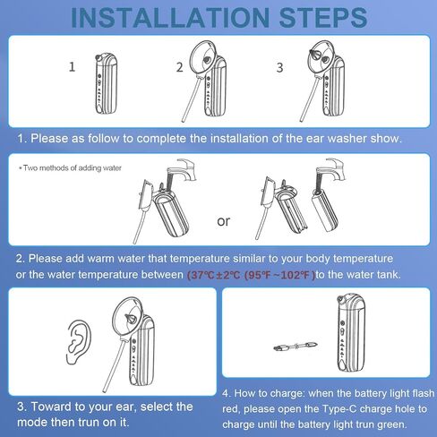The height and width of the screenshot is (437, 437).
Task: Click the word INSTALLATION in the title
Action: pos(170,18)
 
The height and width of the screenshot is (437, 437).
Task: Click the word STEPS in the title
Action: pos(323,18)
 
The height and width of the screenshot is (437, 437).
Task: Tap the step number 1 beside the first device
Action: pos(72,67)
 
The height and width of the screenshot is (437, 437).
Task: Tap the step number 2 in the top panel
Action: pos(179,67)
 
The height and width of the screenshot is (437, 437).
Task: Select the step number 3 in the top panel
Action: pos(279,67)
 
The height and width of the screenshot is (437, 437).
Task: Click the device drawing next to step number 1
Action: pos(106,83)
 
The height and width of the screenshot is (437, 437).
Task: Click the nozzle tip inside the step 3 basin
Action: pos(314,54)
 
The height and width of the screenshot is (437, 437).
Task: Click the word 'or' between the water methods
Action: pos(224,221)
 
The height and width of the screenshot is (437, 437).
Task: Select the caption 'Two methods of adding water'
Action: pos(71,168)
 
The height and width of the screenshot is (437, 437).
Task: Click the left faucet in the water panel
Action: pos(181,171)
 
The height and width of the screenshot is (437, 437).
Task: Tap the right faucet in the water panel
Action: pos(330,170)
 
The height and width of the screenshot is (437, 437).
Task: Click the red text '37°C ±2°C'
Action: pos(214,275)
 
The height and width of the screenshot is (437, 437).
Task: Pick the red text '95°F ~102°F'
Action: pos(279,275)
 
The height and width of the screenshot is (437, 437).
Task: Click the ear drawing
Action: pos(78,342)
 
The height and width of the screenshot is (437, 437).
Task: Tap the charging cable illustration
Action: pos(296,347)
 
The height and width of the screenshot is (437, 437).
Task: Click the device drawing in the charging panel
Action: pos(351,332)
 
